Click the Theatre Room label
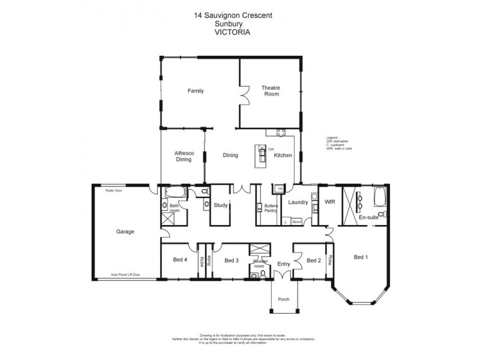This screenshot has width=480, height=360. click(x=270, y=91)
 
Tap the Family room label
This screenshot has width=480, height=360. click(x=196, y=91)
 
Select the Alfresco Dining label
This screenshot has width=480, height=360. click(x=184, y=156)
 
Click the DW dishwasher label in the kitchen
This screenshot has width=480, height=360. click(x=271, y=149)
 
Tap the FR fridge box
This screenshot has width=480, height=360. click(x=279, y=190)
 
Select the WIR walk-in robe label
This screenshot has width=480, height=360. click(x=329, y=203)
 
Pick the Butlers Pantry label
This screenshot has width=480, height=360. click(x=271, y=208)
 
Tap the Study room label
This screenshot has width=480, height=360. click(x=220, y=205)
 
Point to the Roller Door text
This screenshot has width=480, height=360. click(x=115, y=189)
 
